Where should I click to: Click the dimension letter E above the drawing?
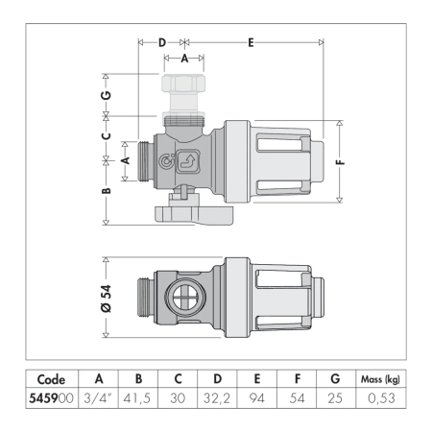[251, 42]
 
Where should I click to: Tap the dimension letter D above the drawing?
[161, 42]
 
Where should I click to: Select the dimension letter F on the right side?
[339, 163]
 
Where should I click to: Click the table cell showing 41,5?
[139, 396]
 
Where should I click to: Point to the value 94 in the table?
[256, 396]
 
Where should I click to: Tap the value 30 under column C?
[178, 396]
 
